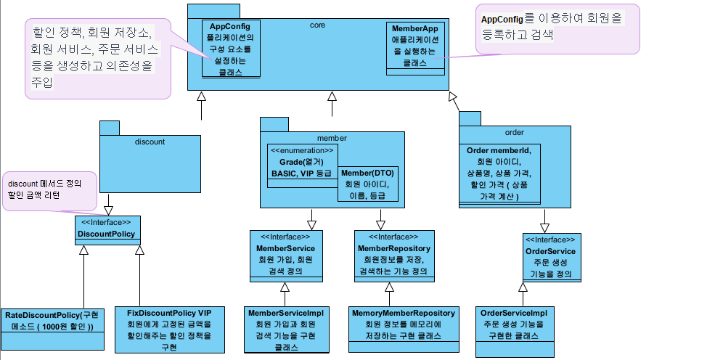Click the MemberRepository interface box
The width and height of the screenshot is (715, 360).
coord(395,255)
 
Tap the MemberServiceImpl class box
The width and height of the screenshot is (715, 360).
coord(285,328)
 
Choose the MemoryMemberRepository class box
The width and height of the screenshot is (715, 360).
coord(404,324)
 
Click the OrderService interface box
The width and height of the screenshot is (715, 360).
coord(552,257)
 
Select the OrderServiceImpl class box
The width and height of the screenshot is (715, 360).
coord(515,331)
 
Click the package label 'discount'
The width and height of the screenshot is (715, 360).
coord(150,142)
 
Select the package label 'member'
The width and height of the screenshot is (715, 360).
coord(331,137)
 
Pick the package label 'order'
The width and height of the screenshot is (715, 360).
coord(514,133)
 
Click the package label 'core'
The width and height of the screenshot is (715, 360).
coord(316,25)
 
